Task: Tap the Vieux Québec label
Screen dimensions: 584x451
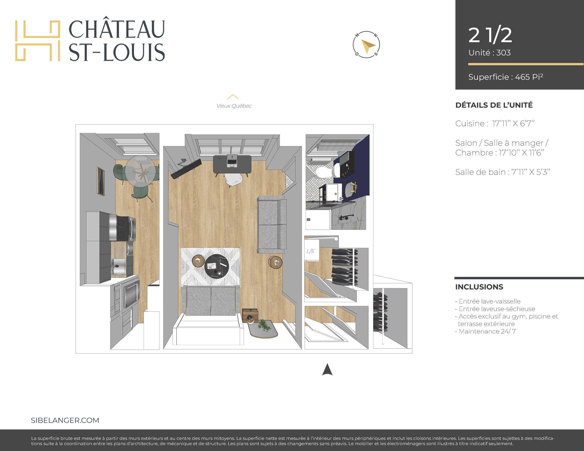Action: click(x=234, y=106)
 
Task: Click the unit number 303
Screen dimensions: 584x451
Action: click(x=503, y=53)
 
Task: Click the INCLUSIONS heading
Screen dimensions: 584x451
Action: click(x=479, y=287)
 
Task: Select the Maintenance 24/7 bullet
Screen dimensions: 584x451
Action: click(x=485, y=331)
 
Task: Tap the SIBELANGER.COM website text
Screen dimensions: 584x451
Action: click(x=65, y=420)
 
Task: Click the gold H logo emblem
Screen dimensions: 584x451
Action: click(x=37, y=41)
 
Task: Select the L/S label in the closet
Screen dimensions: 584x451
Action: click(x=310, y=251)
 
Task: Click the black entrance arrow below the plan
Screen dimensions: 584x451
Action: click(x=327, y=369)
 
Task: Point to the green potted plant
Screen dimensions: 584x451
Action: click(x=264, y=325)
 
